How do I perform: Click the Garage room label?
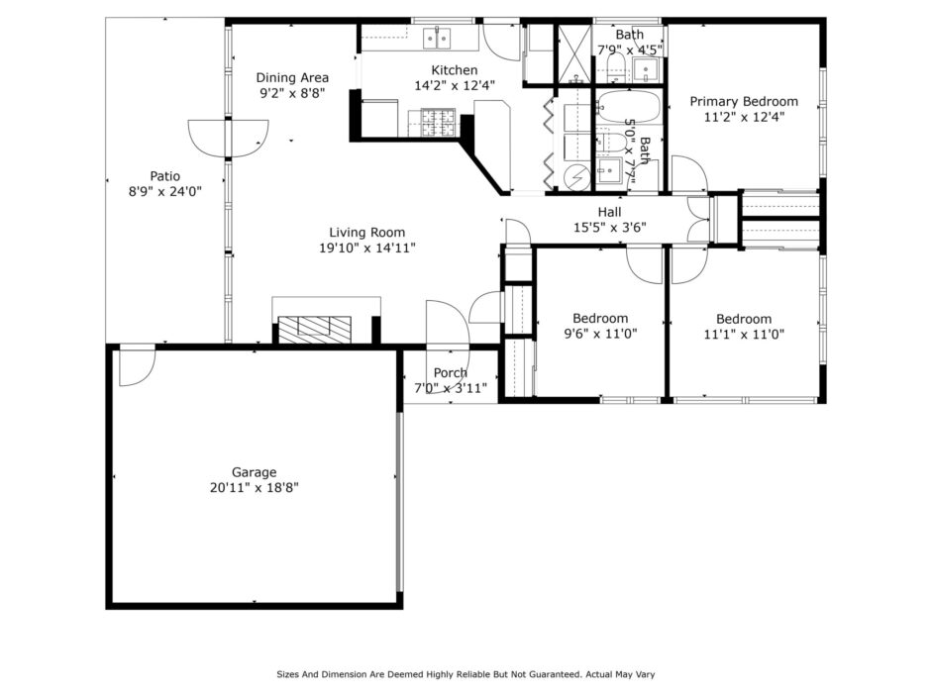pos(254,472)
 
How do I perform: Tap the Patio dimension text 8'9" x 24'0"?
pos(165,191)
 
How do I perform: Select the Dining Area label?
pos(292,77)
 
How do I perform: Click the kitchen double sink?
pos(436,38)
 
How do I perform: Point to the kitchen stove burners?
pos(438,123)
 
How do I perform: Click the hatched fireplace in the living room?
pos(315,330)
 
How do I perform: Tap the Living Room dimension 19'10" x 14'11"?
pos(366,248)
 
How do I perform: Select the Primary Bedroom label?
pos(744,102)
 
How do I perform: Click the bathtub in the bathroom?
pos(628,106)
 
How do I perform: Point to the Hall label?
pos(610,212)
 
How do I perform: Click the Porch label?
pos(450,372)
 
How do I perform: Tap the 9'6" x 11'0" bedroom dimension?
pos(600,334)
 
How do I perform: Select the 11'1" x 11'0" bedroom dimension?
pos(744,334)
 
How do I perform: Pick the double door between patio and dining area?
pos(228,139)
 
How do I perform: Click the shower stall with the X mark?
pos(575,54)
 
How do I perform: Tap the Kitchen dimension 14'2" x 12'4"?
pos(454,85)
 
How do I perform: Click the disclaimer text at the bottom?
pos(466,674)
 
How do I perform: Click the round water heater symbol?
pos(575,177)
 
